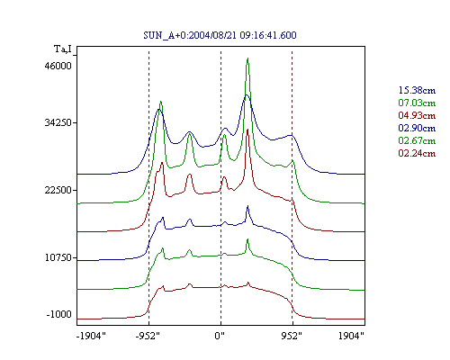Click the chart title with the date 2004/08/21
pyautogui.click(x=220, y=35)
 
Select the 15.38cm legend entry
pyautogui.click(x=417, y=90)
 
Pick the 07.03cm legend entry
pyautogui.click(x=417, y=103)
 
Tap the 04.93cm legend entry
pyautogui.click(x=417, y=115)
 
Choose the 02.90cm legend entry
pyautogui.click(x=417, y=128)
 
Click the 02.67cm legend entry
pyautogui.click(x=417, y=140)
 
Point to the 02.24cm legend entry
pyautogui.click(x=417, y=153)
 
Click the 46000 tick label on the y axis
pyautogui.click(x=58, y=66)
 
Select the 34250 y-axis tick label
pyautogui.click(x=58, y=122)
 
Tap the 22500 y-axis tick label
pyautogui.click(x=58, y=190)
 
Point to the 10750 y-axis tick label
pyautogui.click(x=58, y=257)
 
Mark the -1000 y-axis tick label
pyautogui.click(x=59, y=314)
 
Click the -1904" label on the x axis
pyautogui.click(x=91, y=336)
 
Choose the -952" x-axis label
pyautogui.click(x=148, y=336)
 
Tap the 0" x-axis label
pyautogui.click(x=220, y=336)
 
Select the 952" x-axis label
pyautogui.click(x=292, y=336)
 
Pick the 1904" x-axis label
pyautogui.click(x=351, y=336)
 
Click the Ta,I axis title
pyautogui.click(x=63, y=49)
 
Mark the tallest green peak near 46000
pyautogui.click(x=247, y=58)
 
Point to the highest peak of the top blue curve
pyautogui.click(x=247, y=94)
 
